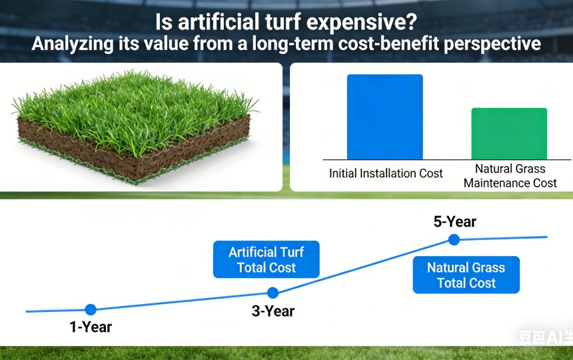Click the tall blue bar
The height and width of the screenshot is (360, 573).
(x=384, y=117)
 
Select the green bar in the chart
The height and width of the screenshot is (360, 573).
(x=509, y=133)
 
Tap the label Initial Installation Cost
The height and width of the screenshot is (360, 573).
(x=386, y=173)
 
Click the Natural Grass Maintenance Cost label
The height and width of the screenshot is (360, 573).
(x=510, y=176)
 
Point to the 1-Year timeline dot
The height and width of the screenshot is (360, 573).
(x=91, y=309)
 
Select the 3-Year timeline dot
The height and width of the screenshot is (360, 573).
(x=273, y=293)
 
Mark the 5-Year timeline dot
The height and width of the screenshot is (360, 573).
(x=454, y=239)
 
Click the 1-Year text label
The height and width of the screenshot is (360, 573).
(x=91, y=327)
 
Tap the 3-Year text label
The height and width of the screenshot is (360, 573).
(x=273, y=311)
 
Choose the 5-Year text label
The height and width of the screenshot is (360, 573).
(x=454, y=222)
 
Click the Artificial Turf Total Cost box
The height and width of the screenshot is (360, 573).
(x=266, y=260)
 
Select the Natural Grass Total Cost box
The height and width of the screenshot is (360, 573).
(x=466, y=275)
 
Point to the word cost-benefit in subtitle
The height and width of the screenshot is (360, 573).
(x=402, y=45)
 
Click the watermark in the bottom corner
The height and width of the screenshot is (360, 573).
(x=545, y=337)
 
